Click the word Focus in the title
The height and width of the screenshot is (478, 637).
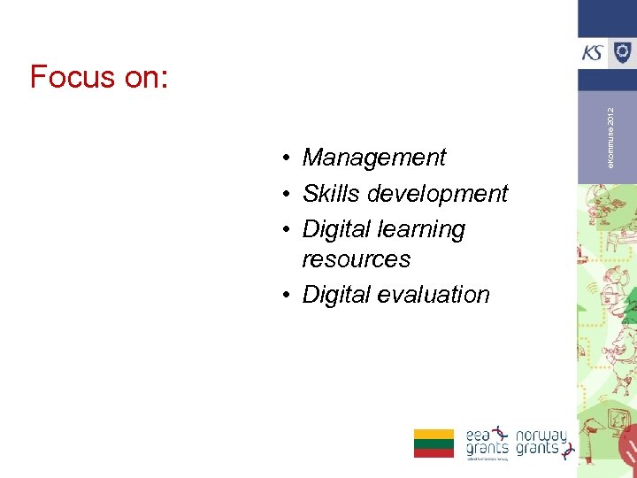click(73, 78)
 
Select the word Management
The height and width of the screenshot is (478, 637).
click(373, 158)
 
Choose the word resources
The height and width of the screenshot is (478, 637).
click(356, 259)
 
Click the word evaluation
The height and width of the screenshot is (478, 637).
click(433, 295)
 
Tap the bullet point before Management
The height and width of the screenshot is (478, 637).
click(288, 158)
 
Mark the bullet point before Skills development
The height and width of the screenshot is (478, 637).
click(288, 194)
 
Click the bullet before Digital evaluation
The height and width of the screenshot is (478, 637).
click(288, 296)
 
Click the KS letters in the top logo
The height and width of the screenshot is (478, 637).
click(594, 53)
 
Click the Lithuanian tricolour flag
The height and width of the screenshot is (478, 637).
click(434, 443)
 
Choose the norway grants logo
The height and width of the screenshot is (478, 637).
click(541, 442)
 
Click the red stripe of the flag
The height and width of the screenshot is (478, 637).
click(434, 452)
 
